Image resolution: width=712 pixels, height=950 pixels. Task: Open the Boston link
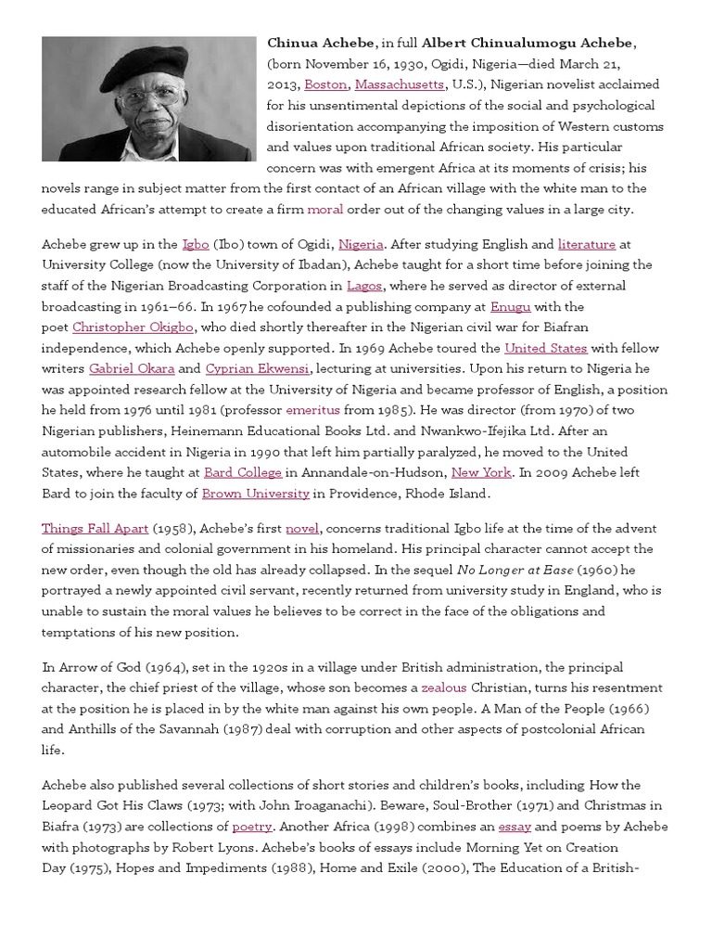(x=325, y=84)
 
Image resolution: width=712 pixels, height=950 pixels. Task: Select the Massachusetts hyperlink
(x=399, y=84)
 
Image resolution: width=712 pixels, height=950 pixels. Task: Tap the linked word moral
(x=324, y=209)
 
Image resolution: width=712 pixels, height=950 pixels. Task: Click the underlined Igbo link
(x=196, y=244)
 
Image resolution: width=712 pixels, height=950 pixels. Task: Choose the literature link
(x=586, y=244)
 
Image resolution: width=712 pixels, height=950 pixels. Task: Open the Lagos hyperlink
(x=364, y=286)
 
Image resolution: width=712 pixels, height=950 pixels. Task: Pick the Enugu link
(x=510, y=306)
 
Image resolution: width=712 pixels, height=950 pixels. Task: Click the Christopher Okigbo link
(x=134, y=327)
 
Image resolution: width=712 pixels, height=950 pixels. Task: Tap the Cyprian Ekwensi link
(x=258, y=368)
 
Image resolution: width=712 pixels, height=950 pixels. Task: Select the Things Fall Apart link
(x=95, y=528)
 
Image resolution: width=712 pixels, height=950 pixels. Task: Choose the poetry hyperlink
(x=252, y=827)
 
